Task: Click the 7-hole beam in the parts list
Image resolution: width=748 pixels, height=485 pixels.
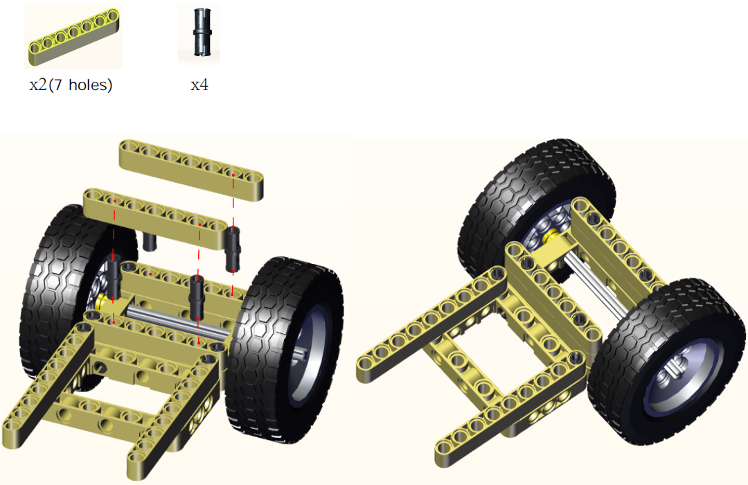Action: tap(73, 36)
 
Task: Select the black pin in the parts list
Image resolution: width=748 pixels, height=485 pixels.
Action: tap(202, 32)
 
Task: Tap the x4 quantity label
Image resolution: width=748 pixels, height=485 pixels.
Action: tap(199, 85)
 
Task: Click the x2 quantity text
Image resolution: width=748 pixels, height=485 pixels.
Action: tap(37, 85)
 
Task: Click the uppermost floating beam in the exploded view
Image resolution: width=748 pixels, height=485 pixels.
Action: tap(191, 169)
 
